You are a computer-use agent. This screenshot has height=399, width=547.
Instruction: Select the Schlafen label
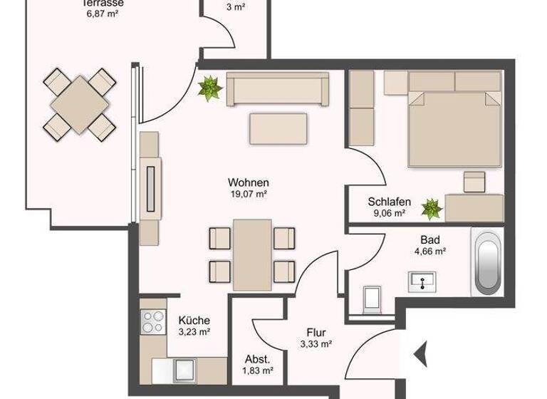(390, 202)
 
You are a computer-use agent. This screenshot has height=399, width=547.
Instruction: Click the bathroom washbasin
(424, 282)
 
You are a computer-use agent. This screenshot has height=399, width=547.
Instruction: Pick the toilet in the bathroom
(372, 300)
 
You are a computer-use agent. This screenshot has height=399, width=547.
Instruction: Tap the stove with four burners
(153, 323)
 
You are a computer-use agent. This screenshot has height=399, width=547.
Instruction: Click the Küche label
(194, 321)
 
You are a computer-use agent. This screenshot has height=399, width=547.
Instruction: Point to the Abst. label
(257, 359)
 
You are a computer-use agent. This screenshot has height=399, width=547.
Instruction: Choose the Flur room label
(316, 332)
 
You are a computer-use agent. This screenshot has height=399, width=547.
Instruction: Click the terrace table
(80, 103)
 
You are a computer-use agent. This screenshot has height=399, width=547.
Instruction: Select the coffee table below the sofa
(278, 129)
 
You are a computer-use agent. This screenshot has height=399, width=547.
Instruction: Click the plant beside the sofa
(210, 88)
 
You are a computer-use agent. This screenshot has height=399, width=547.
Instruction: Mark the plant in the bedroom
(431, 209)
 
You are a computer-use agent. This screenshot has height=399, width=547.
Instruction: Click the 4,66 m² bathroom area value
(429, 251)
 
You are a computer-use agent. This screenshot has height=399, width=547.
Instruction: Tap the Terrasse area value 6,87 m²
(100, 13)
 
